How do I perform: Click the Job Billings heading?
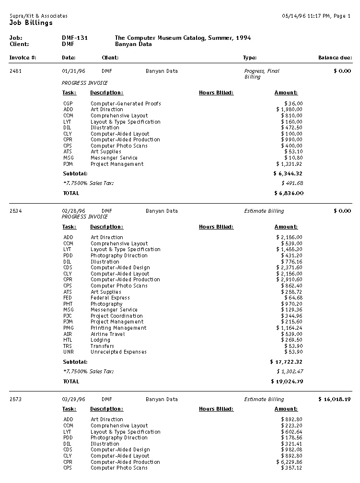coord(31,23)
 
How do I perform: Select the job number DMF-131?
coord(75,38)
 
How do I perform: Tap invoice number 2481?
coord(16,71)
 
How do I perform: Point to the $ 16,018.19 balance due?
coord(335,399)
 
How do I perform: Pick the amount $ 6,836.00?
coord(289,194)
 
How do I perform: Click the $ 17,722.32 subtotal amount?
coord(287,362)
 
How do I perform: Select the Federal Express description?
coord(110,298)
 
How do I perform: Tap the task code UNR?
coord(68,352)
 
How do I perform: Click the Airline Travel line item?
coord(108,334)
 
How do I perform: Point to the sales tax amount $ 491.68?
coord(292,183)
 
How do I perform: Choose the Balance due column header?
coord(335,58)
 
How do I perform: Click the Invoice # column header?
coord(23,58)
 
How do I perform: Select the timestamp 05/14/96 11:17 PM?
coord(305,16)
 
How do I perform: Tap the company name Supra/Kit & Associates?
coord(38,16)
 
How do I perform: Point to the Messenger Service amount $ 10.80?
coord(293,158)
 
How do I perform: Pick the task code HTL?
coord(68,340)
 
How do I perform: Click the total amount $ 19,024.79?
coord(287,382)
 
